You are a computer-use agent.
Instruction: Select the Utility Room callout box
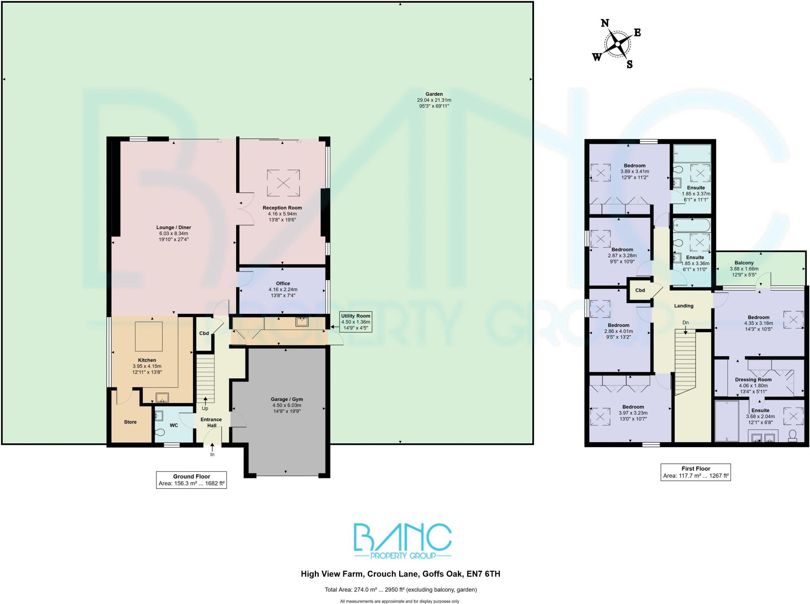tap(356, 322)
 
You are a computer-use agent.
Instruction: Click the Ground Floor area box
tap(191, 480)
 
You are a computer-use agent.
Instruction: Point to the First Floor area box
tap(695, 472)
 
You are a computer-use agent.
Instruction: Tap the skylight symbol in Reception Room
tap(283, 183)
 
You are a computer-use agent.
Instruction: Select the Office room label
tap(283, 283)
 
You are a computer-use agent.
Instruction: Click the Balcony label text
tap(744, 263)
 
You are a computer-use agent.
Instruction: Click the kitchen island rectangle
tap(149, 336)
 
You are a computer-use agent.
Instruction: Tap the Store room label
tap(130, 422)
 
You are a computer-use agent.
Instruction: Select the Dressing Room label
tap(753, 380)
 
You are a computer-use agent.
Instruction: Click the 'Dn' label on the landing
tap(685, 323)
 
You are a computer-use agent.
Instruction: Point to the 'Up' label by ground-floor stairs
tap(205, 408)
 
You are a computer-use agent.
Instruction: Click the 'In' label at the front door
tap(212, 454)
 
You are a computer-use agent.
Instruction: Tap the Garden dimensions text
tap(434, 103)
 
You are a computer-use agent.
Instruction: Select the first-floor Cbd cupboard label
tap(640, 290)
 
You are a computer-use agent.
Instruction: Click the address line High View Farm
tap(400, 574)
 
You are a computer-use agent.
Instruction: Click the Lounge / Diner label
tap(174, 228)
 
